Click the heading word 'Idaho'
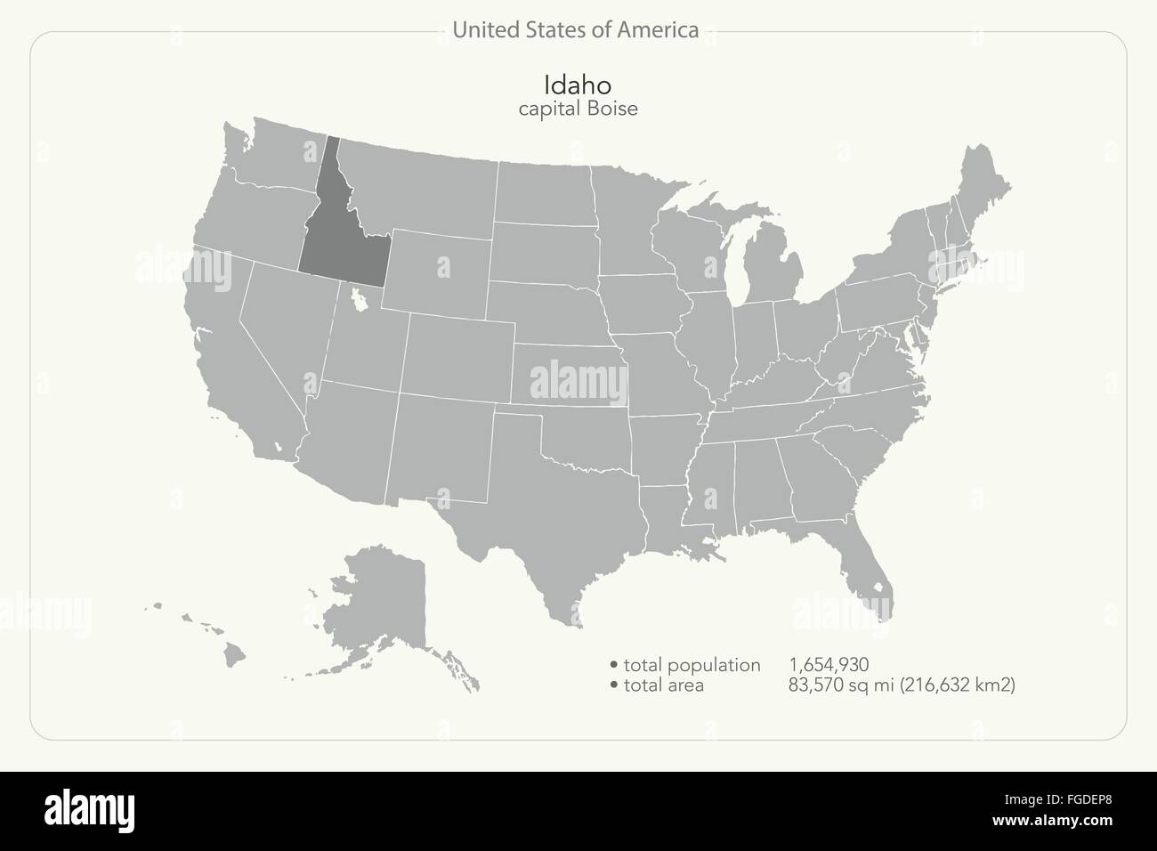coord(577,85)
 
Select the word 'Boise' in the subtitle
coord(611,109)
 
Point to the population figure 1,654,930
coord(828,665)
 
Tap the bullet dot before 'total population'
coord(614,666)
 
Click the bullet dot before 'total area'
coord(614,686)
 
